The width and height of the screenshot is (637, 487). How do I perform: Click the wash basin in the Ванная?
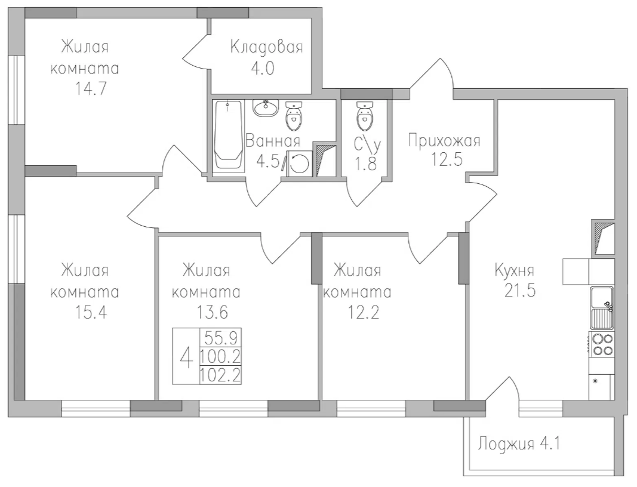click(266, 107)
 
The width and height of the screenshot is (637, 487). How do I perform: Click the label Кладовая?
click(266, 48)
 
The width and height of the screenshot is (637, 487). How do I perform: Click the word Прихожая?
click(444, 141)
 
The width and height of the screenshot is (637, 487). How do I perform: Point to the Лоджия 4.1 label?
click(518, 444)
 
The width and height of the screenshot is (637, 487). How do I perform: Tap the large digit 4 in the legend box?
click(186, 358)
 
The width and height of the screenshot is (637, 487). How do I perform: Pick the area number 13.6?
click(205, 312)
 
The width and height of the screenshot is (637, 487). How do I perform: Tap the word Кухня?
click(514, 270)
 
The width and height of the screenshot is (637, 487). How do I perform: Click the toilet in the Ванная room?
click(294, 116)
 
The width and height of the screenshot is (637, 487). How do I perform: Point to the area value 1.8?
click(365, 164)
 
